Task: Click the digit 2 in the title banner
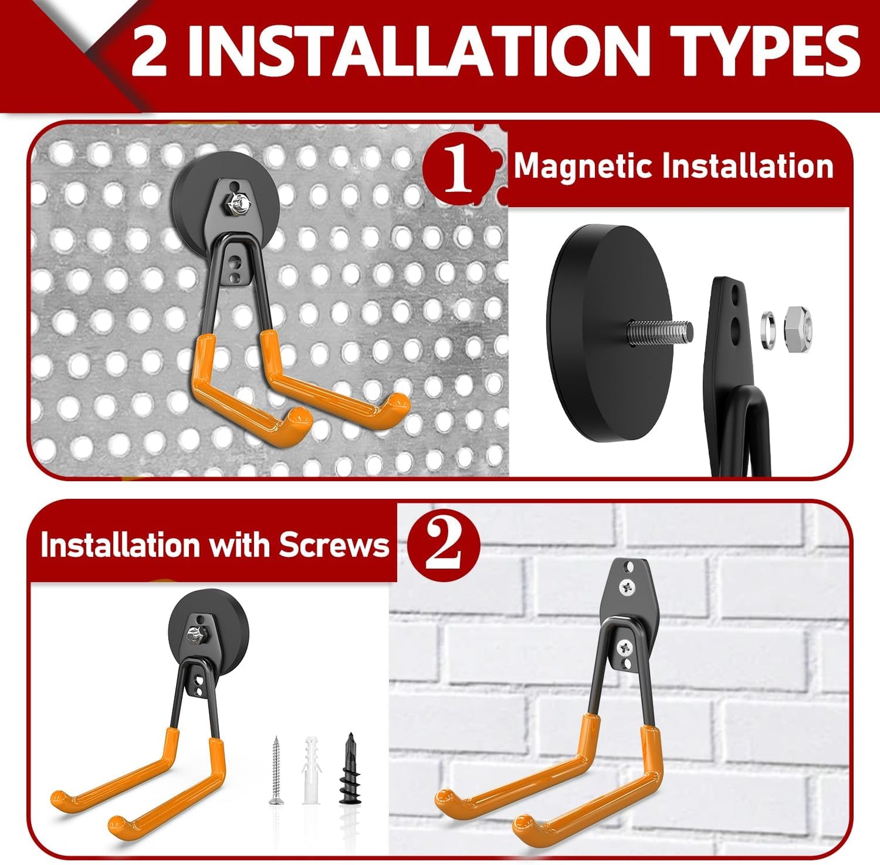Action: [149, 54]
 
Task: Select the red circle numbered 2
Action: [443, 544]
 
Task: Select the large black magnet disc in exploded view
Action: [588, 332]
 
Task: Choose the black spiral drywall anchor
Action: [350, 769]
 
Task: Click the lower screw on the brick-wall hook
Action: [624, 647]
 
